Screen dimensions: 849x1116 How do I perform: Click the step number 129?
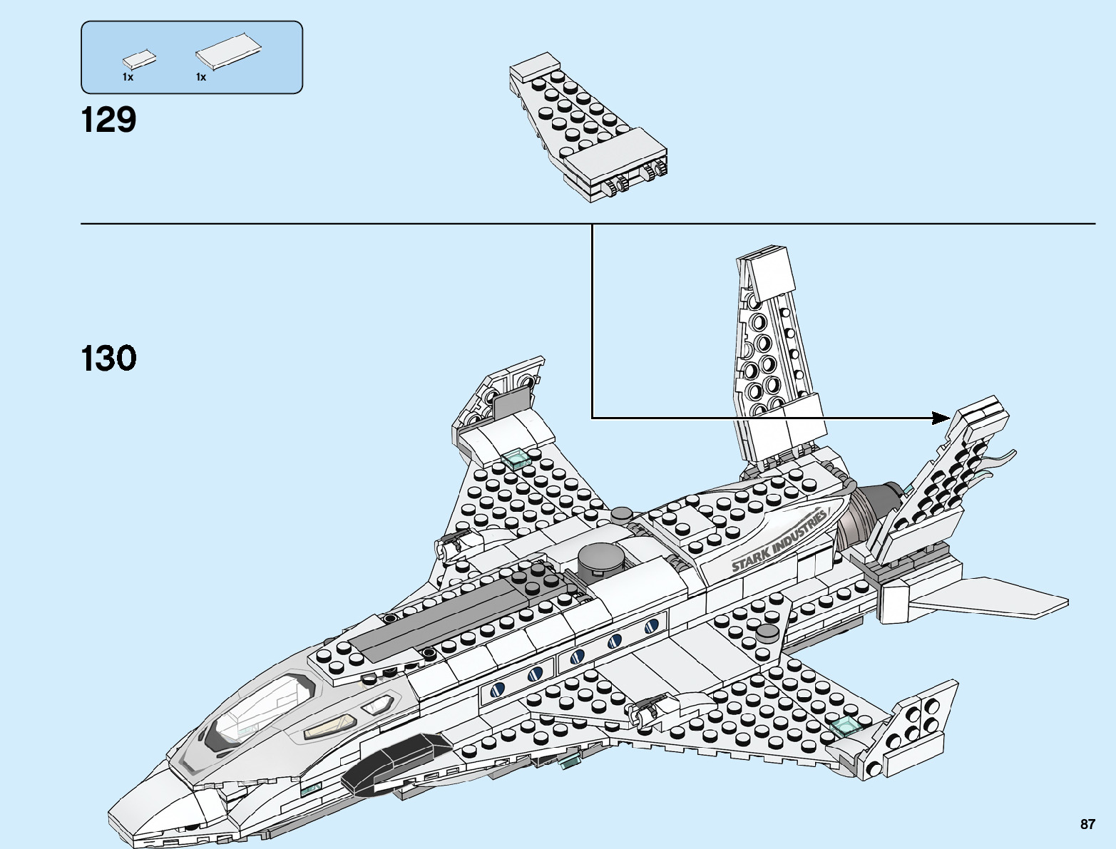108,120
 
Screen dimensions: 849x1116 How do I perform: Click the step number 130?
108,358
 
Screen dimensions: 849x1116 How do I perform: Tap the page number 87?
1087,824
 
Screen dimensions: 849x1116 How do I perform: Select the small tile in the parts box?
140,60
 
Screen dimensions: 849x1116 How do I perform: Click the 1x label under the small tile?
128,77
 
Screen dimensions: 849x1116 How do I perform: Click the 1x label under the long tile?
201,77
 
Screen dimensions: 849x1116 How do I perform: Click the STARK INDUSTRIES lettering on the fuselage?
779,541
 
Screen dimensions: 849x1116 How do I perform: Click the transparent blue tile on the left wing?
516,458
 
